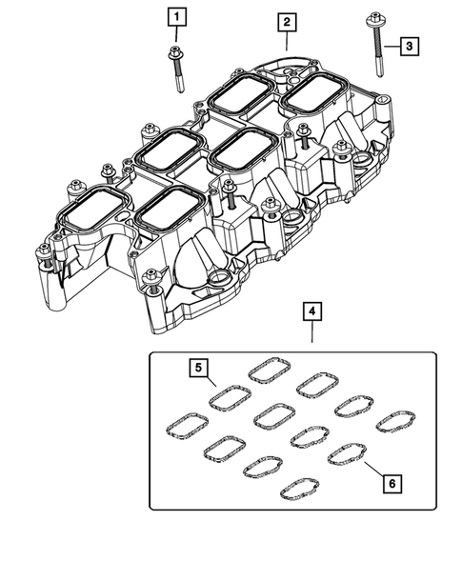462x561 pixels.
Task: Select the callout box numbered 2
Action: [286, 20]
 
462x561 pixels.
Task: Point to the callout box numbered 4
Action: [311, 311]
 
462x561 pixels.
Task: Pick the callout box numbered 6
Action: [391, 483]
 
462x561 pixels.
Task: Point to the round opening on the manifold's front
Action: [220, 281]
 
